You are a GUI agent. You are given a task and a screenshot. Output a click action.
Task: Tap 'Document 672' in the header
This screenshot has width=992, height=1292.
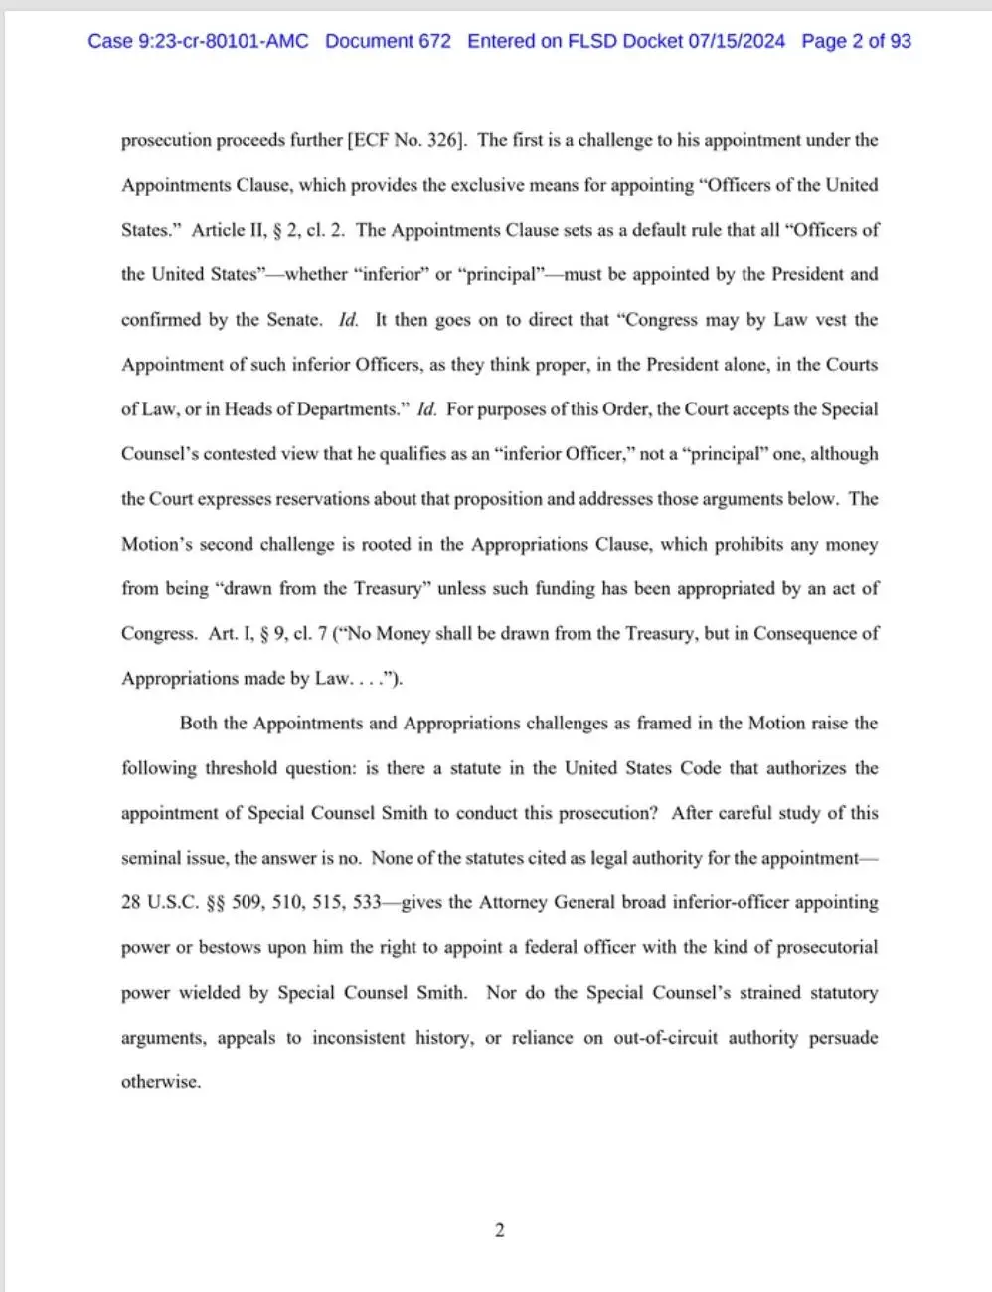388,41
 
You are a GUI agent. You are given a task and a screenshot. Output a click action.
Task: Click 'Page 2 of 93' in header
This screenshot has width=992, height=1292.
856,41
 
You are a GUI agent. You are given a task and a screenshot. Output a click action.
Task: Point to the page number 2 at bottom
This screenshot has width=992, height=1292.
499,1230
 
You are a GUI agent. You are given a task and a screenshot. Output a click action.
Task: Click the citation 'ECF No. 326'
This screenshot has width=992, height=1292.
406,140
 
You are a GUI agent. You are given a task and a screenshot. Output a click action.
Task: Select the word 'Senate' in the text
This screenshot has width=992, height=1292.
293,320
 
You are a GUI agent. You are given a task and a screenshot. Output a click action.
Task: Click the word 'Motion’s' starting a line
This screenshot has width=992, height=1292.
156,544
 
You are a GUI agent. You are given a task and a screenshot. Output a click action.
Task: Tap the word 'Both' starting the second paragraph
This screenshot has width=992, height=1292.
198,724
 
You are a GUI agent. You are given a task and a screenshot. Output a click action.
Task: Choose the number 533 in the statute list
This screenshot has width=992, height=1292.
367,902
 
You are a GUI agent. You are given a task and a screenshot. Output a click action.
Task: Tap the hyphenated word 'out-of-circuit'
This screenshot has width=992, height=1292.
665,1037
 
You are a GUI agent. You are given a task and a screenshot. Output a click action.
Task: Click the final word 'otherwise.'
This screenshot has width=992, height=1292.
161,1082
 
